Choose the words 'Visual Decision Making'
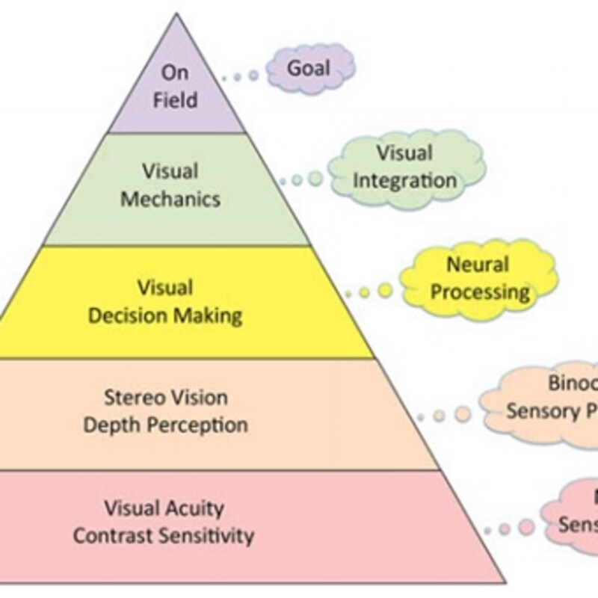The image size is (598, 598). [x=165, y=300]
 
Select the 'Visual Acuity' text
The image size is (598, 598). [x=164, y=509]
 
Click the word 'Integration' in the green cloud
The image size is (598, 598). [x=404, y=180]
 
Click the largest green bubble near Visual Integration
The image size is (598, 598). [x=316, y=179]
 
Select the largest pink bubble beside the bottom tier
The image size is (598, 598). [x=527, y=526]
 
